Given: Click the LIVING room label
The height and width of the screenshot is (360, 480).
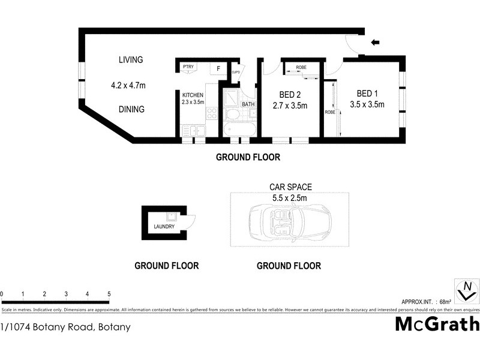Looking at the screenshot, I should (131, 59).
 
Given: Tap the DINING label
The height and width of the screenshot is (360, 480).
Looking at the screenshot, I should (131, 109).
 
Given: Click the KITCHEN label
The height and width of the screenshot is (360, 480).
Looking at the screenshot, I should (193, 95).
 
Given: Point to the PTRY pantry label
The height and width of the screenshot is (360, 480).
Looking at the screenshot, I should (188, 67).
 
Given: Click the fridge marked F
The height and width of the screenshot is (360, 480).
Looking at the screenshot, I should (218, 69).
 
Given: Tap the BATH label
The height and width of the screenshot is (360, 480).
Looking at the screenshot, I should (248, 104).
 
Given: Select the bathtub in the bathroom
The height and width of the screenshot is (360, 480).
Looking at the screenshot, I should (239, 129).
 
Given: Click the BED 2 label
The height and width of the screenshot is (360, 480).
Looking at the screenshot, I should (290, 94).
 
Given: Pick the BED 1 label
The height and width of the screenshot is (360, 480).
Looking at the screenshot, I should (367, 94).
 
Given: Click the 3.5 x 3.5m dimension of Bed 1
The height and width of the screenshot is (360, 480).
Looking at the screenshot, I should (367, 104).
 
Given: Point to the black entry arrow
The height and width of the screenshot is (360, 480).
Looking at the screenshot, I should (376, 42).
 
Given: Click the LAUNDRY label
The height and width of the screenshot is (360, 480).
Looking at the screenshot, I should (164, 227).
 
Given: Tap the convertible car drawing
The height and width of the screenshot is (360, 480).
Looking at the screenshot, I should (290, 220).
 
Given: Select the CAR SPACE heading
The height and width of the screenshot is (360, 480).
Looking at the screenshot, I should (290, 187).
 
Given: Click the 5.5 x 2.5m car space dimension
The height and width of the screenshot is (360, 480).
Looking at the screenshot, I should (290, 198).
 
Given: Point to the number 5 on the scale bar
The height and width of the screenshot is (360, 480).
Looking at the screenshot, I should (109, 294).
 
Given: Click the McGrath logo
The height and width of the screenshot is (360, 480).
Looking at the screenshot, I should (437, 324).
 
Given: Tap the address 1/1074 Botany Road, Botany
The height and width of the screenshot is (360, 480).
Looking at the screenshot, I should (65, 327).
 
